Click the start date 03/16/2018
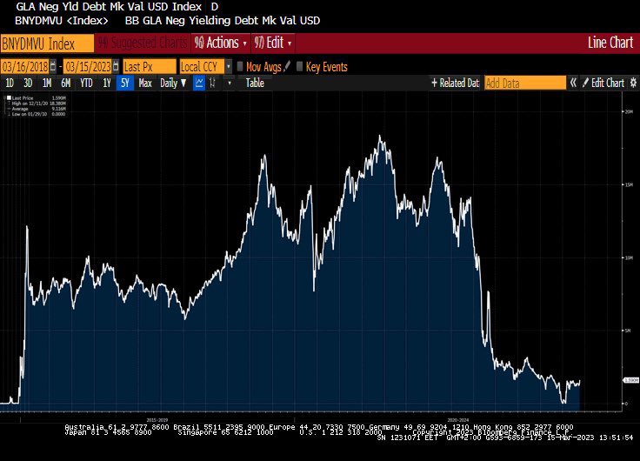pyautogui.click(x=23, y=66)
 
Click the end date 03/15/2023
pyautogui.click(x=88, y=66)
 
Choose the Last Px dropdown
pyautogui.click(x=147, y=66)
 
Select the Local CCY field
pyautogui.click(x=203, y=66)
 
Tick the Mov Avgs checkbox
pyautogui.click(x=241, y=66)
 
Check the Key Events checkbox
pyautogui.click(x=301, y=66)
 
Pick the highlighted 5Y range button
pyautogui.click(x=125, y=83)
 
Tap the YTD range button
pyautogui.click(x=86, y=83)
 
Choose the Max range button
pyautogui.click(x=145, y=83)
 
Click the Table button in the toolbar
pyautogui.click(x=255, y=83)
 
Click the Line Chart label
pyautogui.click(x=610, y=43)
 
